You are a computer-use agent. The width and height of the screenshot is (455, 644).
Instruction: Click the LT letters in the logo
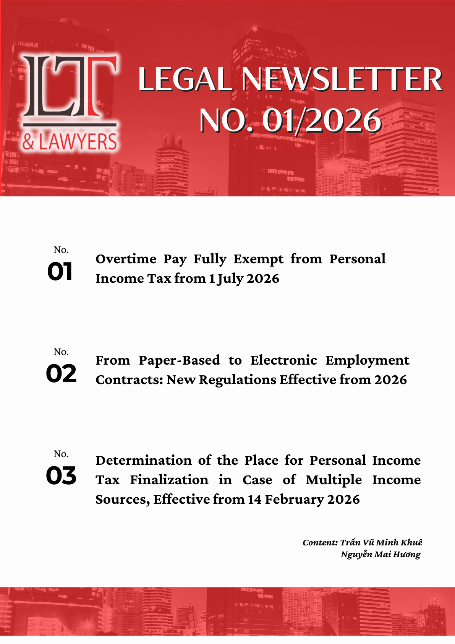(x=70, y=87)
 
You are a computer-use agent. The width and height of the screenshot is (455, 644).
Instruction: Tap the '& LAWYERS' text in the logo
(x=70, y=142)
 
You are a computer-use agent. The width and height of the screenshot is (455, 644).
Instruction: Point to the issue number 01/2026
(x=322, y=121)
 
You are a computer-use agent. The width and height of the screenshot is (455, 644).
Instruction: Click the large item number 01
(x=60, y=272)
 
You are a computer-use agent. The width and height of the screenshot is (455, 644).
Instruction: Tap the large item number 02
(x=61, y=374)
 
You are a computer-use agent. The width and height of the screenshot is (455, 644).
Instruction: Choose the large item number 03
(x=61, y=476)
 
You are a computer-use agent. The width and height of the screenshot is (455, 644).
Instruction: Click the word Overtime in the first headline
(x=126, y=259)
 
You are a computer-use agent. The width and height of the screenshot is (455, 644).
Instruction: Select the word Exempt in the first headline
(x=259, y=260)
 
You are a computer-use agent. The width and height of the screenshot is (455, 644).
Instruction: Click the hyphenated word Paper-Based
(x=179, y=360)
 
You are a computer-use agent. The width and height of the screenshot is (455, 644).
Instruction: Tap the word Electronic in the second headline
(x=283, y=360)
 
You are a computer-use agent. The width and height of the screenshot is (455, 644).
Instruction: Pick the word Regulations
(x=238, y=380)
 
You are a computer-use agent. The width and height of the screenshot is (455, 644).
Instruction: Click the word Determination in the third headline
(x=144, y=461)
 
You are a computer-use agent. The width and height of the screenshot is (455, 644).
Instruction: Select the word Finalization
(x=169, y=480)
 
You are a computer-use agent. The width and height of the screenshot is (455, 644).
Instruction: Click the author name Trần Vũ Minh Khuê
(x=381, y=543)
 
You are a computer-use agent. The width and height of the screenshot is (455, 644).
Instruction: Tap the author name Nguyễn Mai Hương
(x=381, y=555)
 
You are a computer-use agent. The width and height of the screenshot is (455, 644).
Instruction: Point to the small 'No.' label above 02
(x=61, y=352)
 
